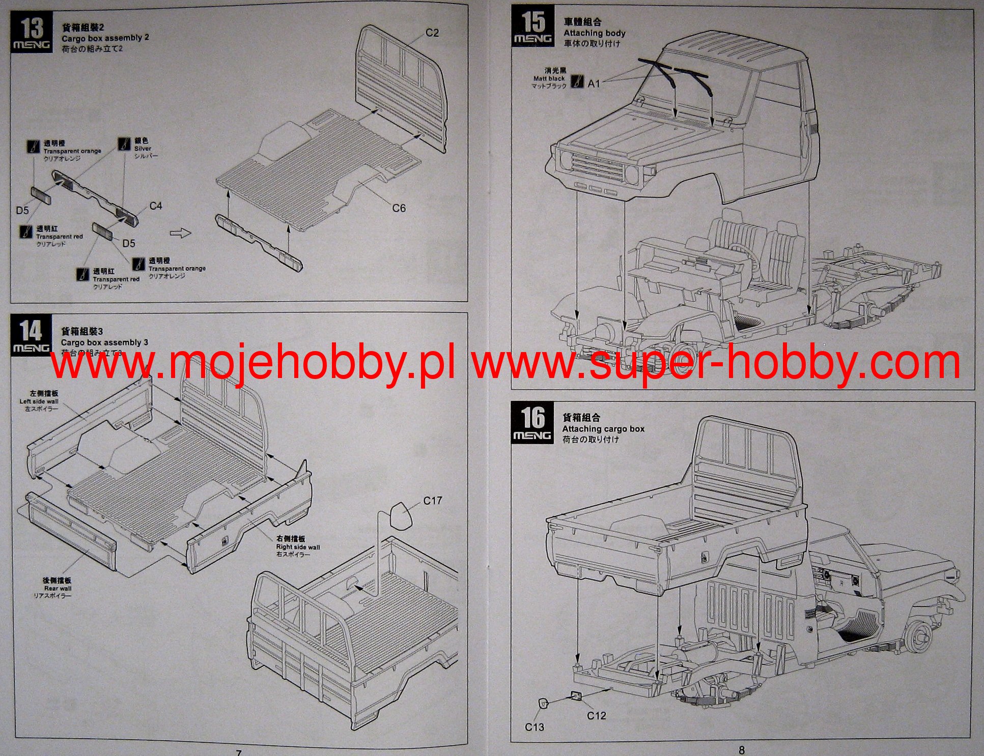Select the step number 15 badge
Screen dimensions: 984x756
[532, 26]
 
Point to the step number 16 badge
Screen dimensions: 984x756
[532, 422]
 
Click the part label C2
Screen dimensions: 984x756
[432, 33]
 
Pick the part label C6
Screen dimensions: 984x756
[399, 208]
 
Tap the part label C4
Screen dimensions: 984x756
[156, 206]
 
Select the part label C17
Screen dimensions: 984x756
[433, 501]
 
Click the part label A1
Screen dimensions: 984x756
[594, 83]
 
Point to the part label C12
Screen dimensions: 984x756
[596, 716]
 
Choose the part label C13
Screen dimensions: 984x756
[535, 727]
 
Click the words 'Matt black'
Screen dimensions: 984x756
[549, 79]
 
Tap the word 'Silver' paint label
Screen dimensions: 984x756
[143, 149]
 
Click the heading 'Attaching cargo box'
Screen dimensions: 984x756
[603, 429]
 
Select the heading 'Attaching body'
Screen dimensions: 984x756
[594, 33]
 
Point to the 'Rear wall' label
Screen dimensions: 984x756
[58, 589]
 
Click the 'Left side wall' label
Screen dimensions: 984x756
[39, 401]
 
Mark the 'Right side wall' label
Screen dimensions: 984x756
[298, 547]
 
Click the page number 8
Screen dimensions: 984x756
[742, 749]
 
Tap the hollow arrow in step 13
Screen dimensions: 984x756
[180, 233]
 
